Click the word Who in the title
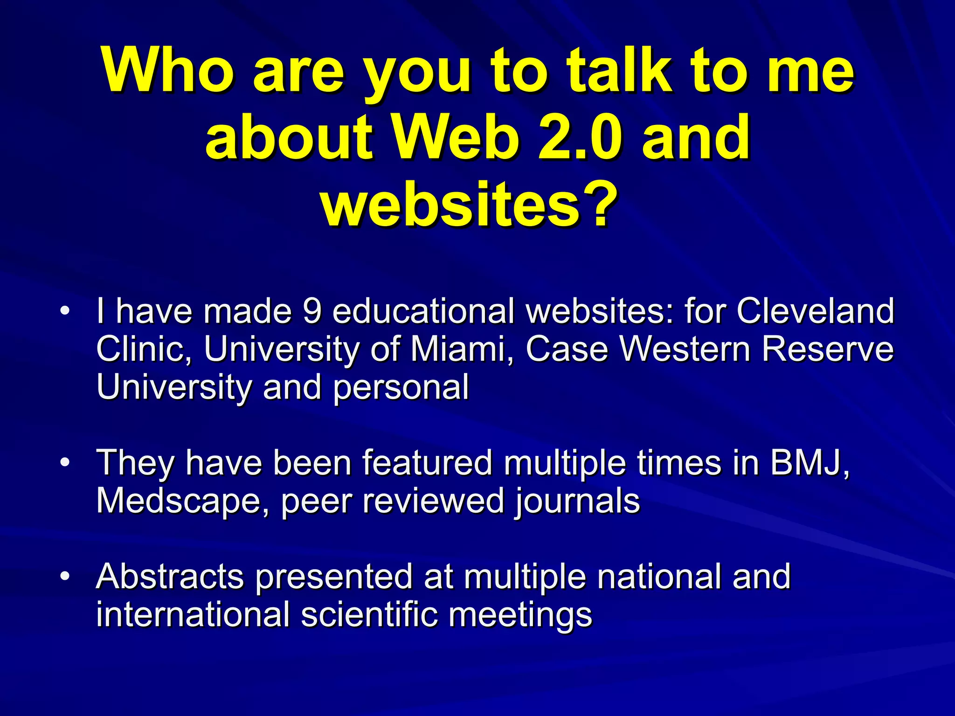[x=168, y=71]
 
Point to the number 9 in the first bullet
[x=311, y=311]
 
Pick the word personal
[x=401, y=388]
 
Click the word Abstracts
[x=170, y=577]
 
